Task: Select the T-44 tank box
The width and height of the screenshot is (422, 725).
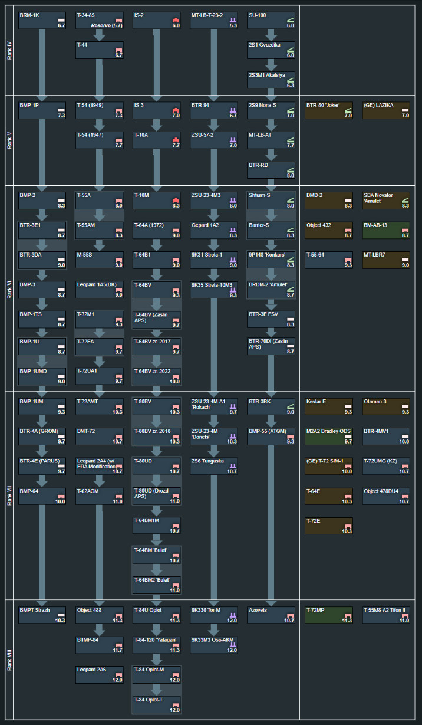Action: click(x=100, y=50)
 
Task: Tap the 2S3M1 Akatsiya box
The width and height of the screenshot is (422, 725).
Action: click(x=271, y=80)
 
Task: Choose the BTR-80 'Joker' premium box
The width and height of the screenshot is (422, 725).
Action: click(x=328, y=110)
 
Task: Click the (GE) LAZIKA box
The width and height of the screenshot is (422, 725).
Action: click(x=385, y=110)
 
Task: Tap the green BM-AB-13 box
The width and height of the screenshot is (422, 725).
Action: click(x=385, y=230)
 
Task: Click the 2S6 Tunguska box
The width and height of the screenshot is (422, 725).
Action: click(x=214, y=466)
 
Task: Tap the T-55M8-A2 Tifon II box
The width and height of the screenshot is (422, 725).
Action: click(x=385, y=615)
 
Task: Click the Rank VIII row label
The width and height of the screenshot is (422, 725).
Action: click(x=8, y=658)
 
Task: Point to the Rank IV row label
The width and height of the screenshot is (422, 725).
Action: click(x=8, y=50)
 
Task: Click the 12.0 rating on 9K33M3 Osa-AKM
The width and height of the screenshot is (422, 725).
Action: click(x=232, y=649)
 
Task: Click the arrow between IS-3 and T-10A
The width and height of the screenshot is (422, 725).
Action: click(x=157, y=125)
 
